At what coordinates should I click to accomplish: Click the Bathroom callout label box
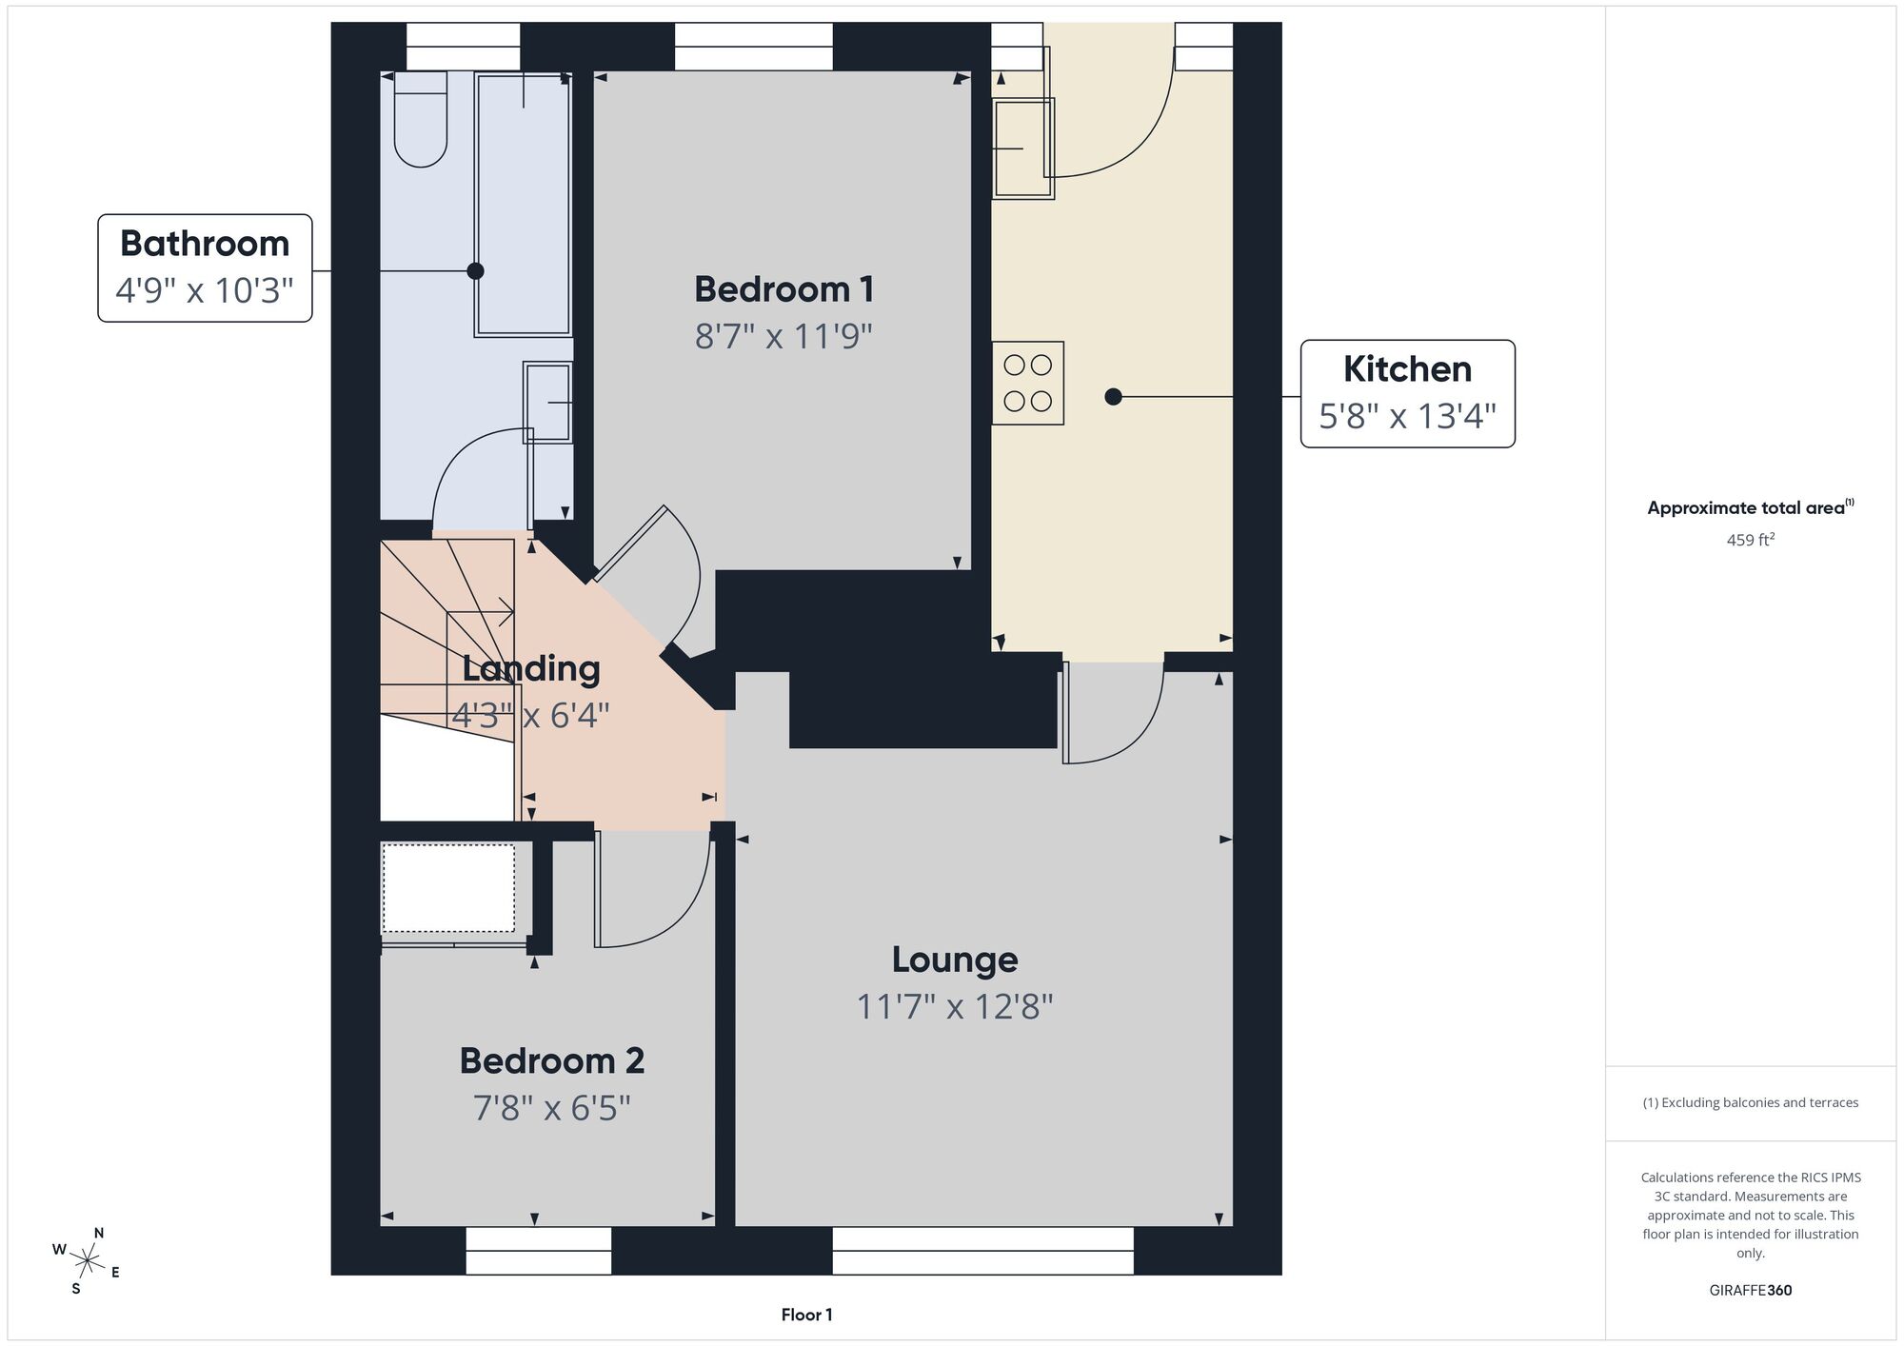click(x=205, y=267)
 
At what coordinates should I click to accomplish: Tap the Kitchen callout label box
click(x=1407, y=393)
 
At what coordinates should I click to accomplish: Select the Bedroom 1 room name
click(x=783, y=289)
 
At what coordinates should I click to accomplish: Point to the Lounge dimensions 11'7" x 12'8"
click(x=954, y=1006)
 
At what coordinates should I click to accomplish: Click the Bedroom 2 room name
click(x=552, y=1060)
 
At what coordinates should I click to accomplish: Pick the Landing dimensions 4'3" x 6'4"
click(x=530, y=715)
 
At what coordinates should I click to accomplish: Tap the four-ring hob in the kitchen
click(x=1027, y=383)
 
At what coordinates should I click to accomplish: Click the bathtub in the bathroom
click(x=523, y=205)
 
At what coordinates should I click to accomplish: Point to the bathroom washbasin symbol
click(x=548, y=402)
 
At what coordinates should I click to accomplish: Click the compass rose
click(x=87, y=1262)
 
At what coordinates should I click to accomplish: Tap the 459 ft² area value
click(x=1750, y=540)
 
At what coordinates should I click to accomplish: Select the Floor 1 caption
click(x=806, y=1315)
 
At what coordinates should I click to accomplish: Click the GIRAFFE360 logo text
click(x=1750, y=1291)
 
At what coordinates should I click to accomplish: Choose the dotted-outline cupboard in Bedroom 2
click(x=448, y=888)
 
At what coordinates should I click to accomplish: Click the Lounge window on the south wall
click(x=982, y=1250)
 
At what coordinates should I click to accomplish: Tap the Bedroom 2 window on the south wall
click(x=538, y=1250)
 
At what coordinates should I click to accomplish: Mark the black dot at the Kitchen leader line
click(x=1113, y=397)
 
